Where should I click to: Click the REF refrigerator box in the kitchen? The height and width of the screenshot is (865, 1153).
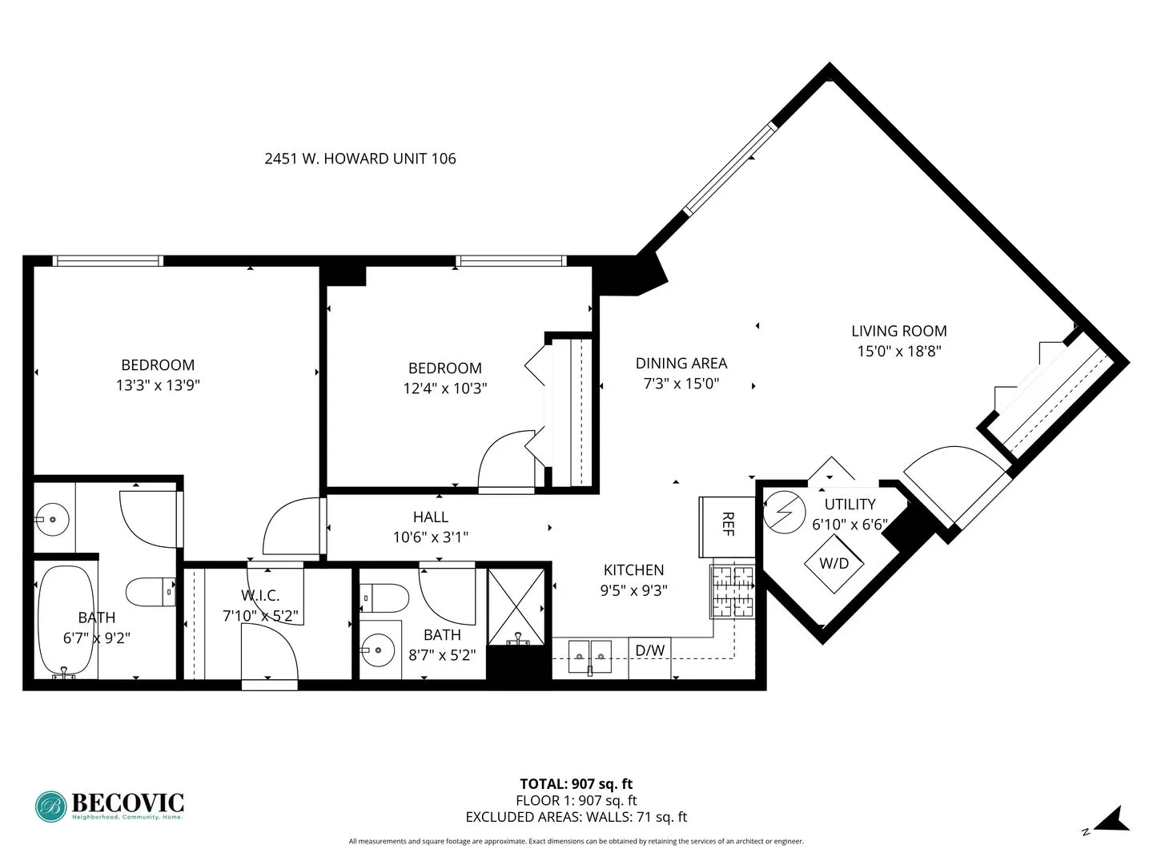click(x=727, y=526)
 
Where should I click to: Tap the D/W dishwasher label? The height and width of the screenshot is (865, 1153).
click(x=650, y=650)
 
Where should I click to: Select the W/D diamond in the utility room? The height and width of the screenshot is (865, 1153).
click(x=834, y=563)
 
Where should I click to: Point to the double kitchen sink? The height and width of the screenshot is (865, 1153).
click(x=590, y=657)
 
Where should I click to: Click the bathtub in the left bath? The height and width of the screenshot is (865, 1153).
click(x=65, y=622)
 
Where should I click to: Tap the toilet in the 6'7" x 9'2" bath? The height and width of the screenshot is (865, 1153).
click(x=150, y=592)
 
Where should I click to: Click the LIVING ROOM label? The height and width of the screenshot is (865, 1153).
click(x=898, y=331)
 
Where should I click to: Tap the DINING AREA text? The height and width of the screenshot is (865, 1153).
click(x=681, y=363)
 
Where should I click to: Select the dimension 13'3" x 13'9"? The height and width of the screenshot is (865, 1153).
click(x=158, y=385)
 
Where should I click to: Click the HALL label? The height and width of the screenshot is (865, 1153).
click(x=431, y=517)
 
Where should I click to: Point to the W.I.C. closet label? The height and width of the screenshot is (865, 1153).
click(x=260, y=595)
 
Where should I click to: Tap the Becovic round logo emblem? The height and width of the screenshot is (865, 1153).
click(x=52, y=806)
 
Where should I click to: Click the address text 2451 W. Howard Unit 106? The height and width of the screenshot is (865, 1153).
click(x=360, y=159)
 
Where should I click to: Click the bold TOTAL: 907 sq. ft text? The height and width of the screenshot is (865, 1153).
click(x=576, y=784)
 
